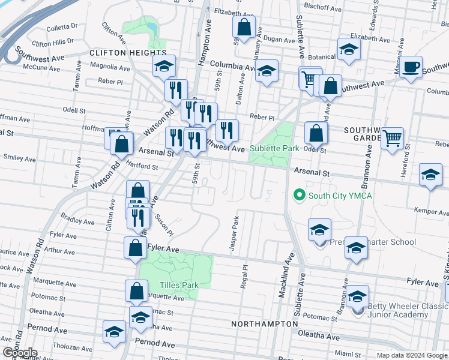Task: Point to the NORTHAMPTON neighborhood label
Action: pos(265,323)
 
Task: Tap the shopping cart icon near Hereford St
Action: pos(393,138)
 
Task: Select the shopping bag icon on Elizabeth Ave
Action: pos(244,27)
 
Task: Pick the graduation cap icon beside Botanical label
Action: pos(348,50)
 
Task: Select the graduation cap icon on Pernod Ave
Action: pos(114,331)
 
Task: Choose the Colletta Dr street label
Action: pos(62,26)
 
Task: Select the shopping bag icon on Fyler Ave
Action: pos(136,247)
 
